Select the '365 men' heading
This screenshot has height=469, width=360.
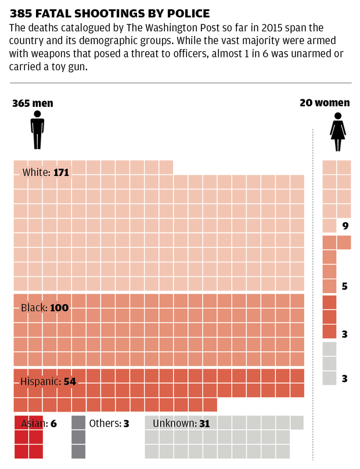pos(33,103)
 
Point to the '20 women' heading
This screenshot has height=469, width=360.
pos(325,103)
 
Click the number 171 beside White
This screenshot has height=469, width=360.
pos(62,172)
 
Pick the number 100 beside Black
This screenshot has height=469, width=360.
pos(59,308)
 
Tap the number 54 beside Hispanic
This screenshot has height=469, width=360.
pos(70,381)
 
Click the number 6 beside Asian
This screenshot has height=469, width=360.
pos(53,424)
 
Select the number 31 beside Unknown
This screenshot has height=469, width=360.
pos(204,424)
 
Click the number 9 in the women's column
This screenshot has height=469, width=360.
pos(345,226)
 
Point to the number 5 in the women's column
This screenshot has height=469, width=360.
pos(345,286)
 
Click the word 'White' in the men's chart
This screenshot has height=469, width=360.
pos(36,172)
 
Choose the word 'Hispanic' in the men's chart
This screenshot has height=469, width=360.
pos(39,381)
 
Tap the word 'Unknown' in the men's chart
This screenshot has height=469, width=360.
pos(174,424)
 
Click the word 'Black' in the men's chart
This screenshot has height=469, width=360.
pos(34,308)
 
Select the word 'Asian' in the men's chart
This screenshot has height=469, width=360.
pos(34,424)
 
